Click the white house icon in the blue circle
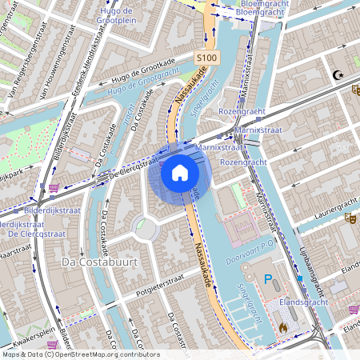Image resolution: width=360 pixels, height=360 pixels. pyautogui.click(x=180, y=173)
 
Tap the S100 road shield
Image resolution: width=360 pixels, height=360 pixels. pyautogui.click(x=206, y=58)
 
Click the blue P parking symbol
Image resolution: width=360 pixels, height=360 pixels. pyautogui.click(x=269, y=280)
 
